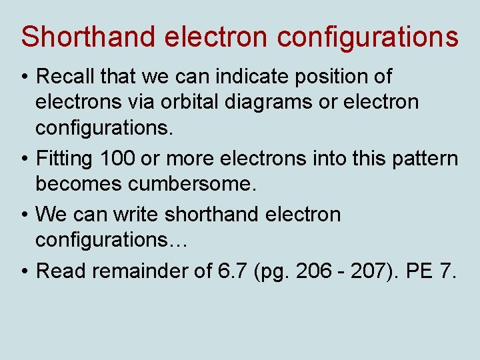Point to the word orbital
(x=185, y=102)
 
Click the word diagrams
(x=273, y=103)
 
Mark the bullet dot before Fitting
(x=25, y=159)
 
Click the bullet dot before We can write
(x=25, y=215)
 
